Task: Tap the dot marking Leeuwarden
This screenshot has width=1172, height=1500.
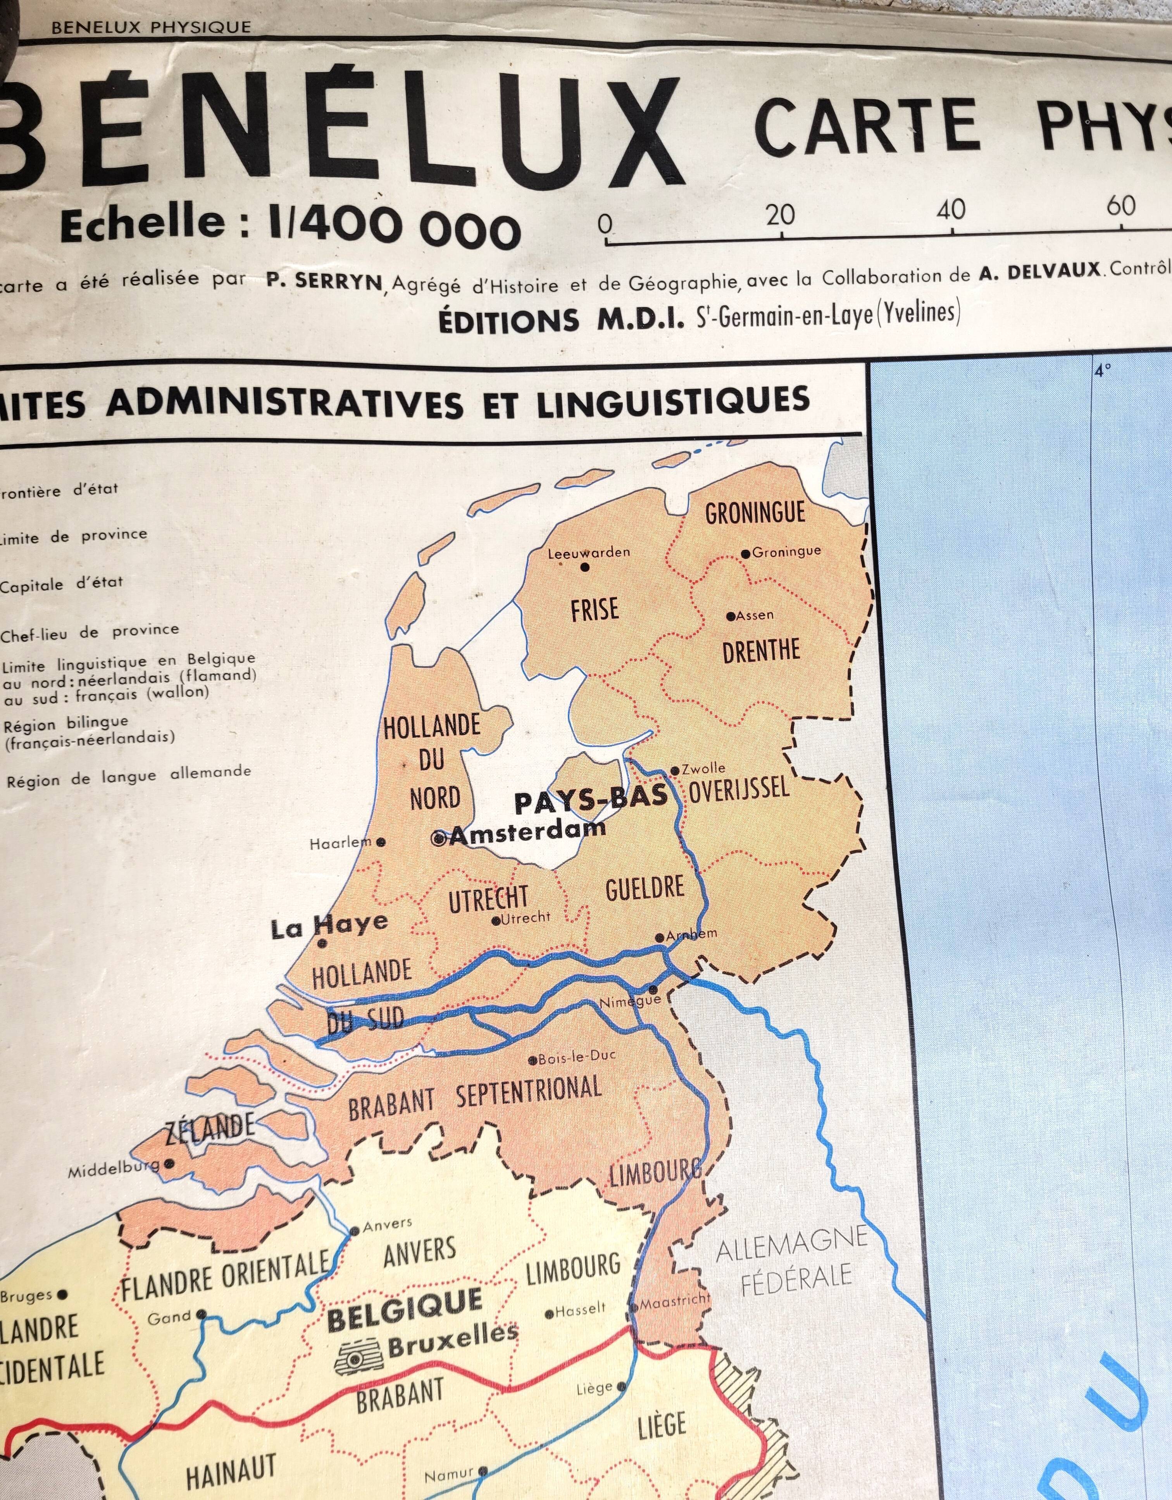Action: point(585,567)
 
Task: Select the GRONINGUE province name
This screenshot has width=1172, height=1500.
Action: point(755,513)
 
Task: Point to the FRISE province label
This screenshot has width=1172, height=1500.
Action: point(595,609)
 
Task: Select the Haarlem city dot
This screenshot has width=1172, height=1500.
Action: point(381,842)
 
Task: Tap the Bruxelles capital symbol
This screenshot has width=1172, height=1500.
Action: point(356,1356)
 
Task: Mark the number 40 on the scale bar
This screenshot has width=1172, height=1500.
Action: point(951,209)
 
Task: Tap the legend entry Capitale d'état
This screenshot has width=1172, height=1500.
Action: point(61,584)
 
